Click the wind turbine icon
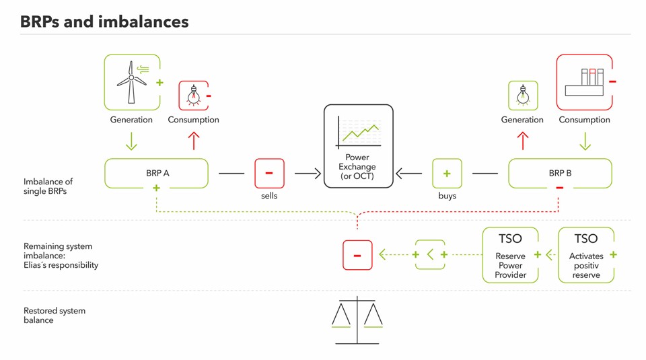[132, 82]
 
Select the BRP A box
[157, 173]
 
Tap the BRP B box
[560, 173]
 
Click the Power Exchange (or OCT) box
[357, 145]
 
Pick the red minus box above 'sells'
[269, 173]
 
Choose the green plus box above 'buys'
[447, 173]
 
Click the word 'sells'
[269, 196]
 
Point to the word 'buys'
[447, 196]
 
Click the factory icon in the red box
[584, 82]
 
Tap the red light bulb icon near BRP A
[193, 96]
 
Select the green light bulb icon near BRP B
[522, 96]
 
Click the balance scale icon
[357, 320]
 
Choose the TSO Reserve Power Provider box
[511, 255]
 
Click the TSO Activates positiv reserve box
[585, 255]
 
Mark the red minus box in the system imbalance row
[357, 255]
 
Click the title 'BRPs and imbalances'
[104, 22]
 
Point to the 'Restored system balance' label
[55, 316]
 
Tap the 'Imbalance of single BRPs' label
[48, 186]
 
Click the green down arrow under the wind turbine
[131, 141]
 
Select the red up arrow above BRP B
[523, 141]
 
